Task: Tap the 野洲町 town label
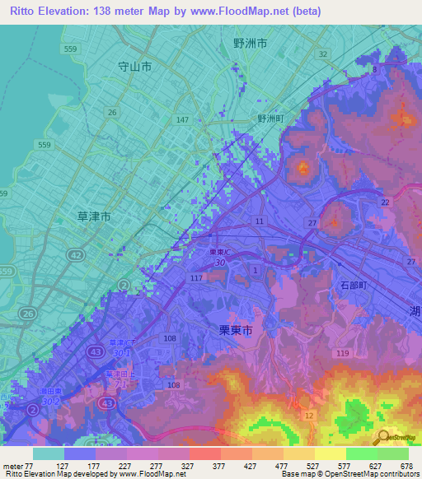[x=271, y=119]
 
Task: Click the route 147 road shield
[x=182, y=120]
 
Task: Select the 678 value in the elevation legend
[x=406, y=465]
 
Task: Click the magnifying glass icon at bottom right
[x=382, y=438]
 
